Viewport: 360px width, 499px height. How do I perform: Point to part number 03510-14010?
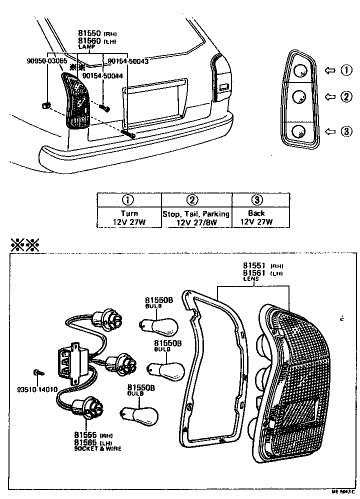(x=37, y=388)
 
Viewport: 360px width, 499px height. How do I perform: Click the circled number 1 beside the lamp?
(x=346, y=70)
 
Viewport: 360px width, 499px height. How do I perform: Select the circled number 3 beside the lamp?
(x=346, y=131)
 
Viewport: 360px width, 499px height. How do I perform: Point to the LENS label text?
(x=251, y=279)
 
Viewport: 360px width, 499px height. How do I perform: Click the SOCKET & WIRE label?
(x=97, y=448)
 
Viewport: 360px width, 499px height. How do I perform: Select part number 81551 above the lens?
(x=254, y=266)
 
